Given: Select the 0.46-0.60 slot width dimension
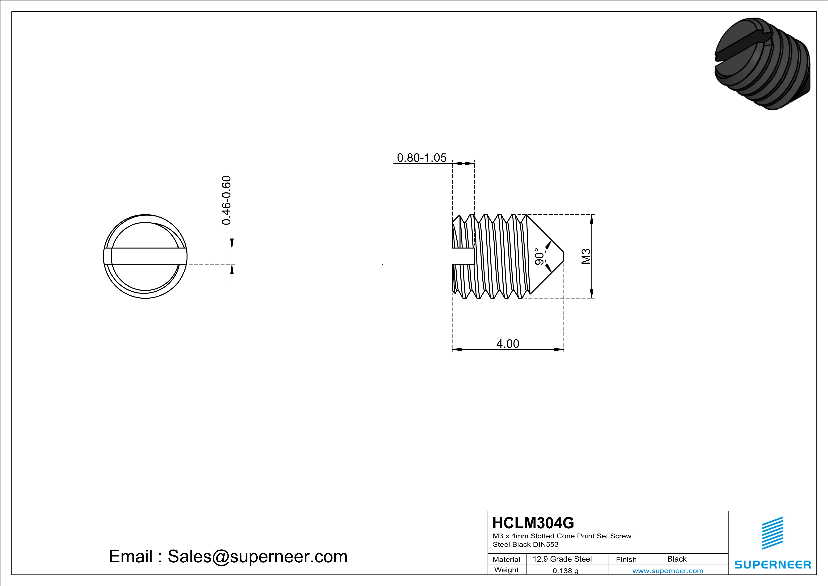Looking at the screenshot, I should pyautogui.click(x=226, y=200).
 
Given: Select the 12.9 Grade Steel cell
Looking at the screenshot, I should pyautogui.click(x=562, y=559).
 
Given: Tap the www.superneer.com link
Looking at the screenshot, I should pyautogui.click(x=667, y=570).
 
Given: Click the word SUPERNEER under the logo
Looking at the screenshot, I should pyautogui.click(x=773, y=564).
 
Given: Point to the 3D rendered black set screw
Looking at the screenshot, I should pyautogui.click(x=762, y=64).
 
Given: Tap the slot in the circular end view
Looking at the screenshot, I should pyautogui.click(x=145, y=256).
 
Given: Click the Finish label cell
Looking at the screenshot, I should pyautogui.click(x=626, y=559).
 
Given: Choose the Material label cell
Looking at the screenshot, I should pyautogui.click(x=506, y=559).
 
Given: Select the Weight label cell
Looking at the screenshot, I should pyautogui.click(x=506, y=570).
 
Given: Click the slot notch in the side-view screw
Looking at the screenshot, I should pyautogui.click(x=463, y=256).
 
